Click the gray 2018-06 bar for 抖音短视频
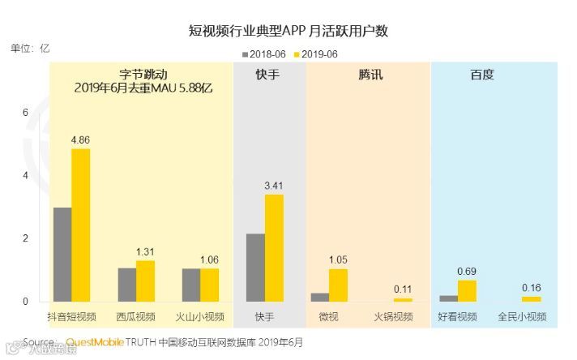[62, 255]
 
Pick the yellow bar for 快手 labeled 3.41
[274, 248]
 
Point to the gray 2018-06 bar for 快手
[255, 268]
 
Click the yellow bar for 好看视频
[467, 291]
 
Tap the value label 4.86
[80, 140]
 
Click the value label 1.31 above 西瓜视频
[145, 252]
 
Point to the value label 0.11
[403, 289]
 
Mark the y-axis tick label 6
[25, 112]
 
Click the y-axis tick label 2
[25, 238]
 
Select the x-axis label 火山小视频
[201, 316]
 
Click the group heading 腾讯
[370, 75]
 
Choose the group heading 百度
[482, 75]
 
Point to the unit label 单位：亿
[31, 48]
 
